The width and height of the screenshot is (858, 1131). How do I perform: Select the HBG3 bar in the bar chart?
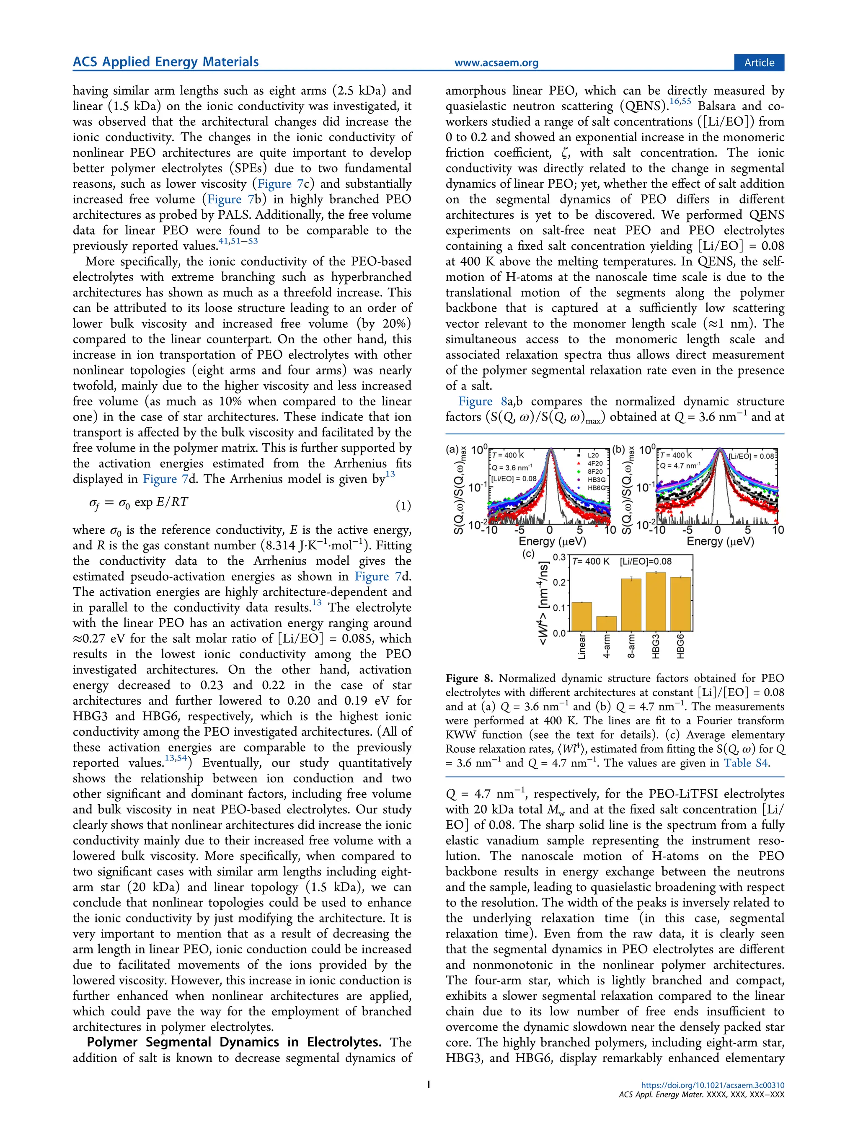click(656, 602)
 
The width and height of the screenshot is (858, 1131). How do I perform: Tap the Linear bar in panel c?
click(581, 617)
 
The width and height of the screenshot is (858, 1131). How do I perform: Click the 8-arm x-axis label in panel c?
click(631, 646)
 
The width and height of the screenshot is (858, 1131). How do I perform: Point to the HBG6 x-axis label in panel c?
click(680, 646)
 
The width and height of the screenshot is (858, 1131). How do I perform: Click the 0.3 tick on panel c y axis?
click(559, 557)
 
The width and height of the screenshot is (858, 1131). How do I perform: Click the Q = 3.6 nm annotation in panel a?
click(512, 467)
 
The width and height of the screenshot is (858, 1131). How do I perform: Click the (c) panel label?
click(527, 554)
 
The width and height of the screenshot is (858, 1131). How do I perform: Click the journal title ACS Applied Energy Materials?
click(165, 62)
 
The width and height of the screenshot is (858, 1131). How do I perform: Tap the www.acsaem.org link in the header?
click(496, 63)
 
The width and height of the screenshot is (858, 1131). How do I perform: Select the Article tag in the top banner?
click(759, 62)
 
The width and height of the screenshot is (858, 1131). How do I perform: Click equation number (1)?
click(403, 506)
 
